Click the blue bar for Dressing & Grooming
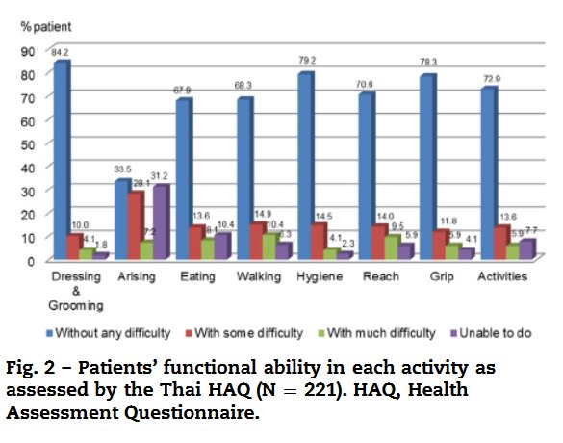point(61,160)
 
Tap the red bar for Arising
point(136,225)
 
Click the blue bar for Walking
point(244,179)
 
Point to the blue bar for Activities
point(488,174)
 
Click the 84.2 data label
point(61,52)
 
